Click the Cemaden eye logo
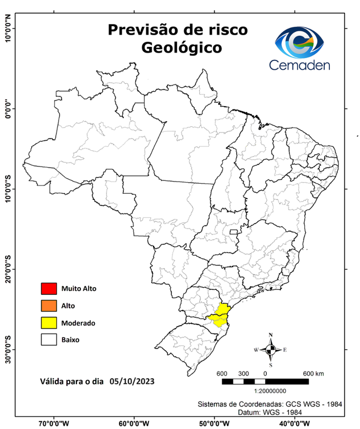(x=303, y=42)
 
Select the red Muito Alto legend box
(x=49, y=289)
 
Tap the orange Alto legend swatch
(x=49, y=306)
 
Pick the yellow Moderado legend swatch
(x=49, y=322)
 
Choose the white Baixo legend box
(x=49, y=339)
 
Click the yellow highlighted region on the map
(x=219, y=316)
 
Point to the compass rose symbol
(x=270, y=350)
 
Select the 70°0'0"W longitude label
(x=55, y=423)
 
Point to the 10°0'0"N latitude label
(x=8, y=29)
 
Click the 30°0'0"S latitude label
(x=8, y=349)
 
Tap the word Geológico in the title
(x=181, y=48)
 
